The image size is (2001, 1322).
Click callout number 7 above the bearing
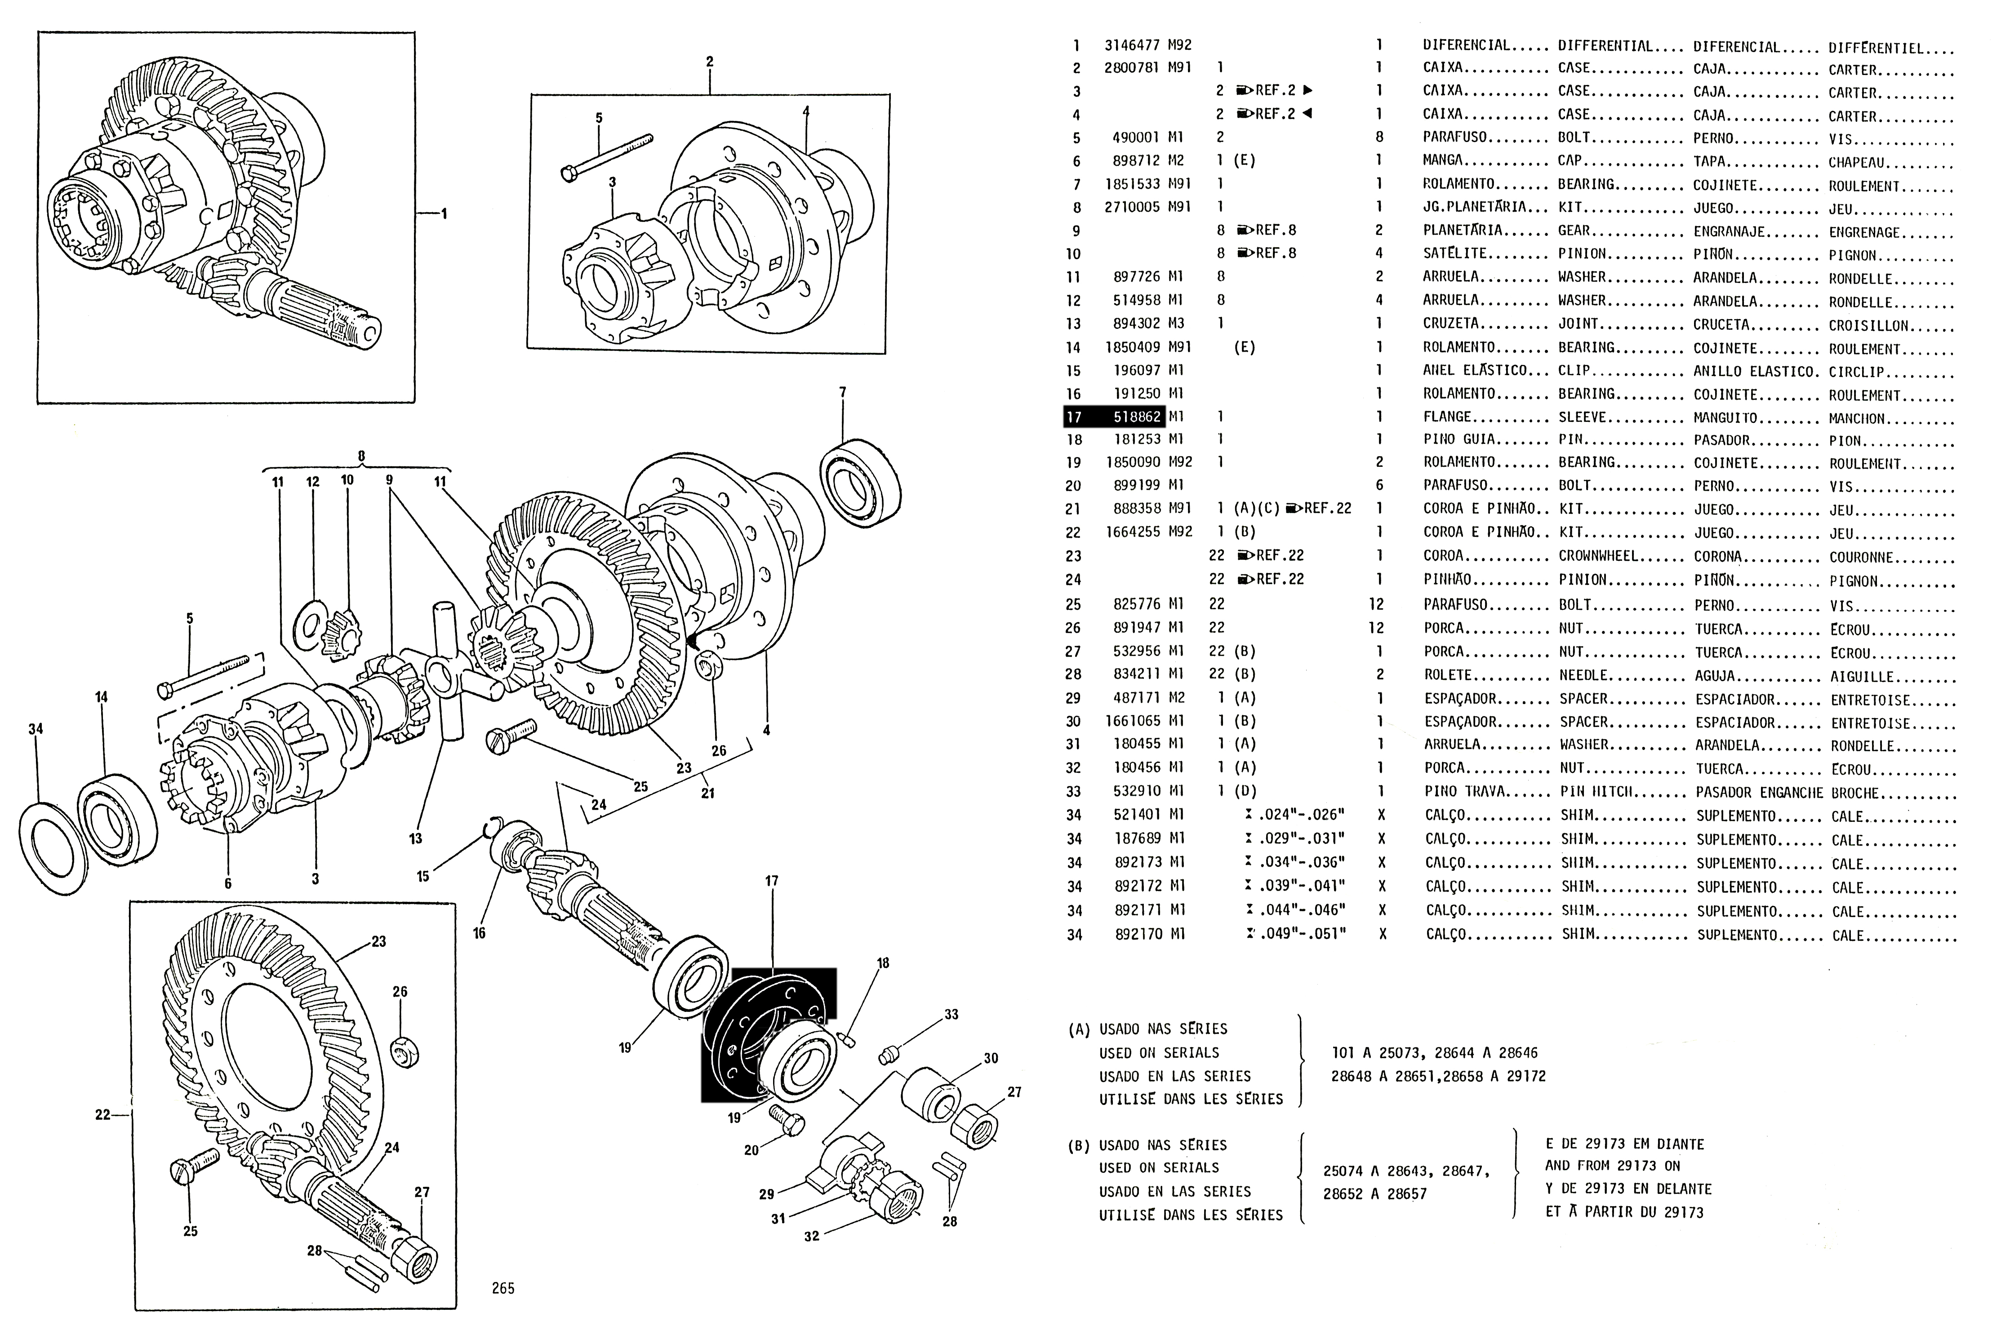click(842, 392)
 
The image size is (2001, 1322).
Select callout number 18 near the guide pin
click(883, 963)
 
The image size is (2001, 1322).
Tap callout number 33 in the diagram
click(951, 1014)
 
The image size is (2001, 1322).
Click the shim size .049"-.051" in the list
click(1303, 933)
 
